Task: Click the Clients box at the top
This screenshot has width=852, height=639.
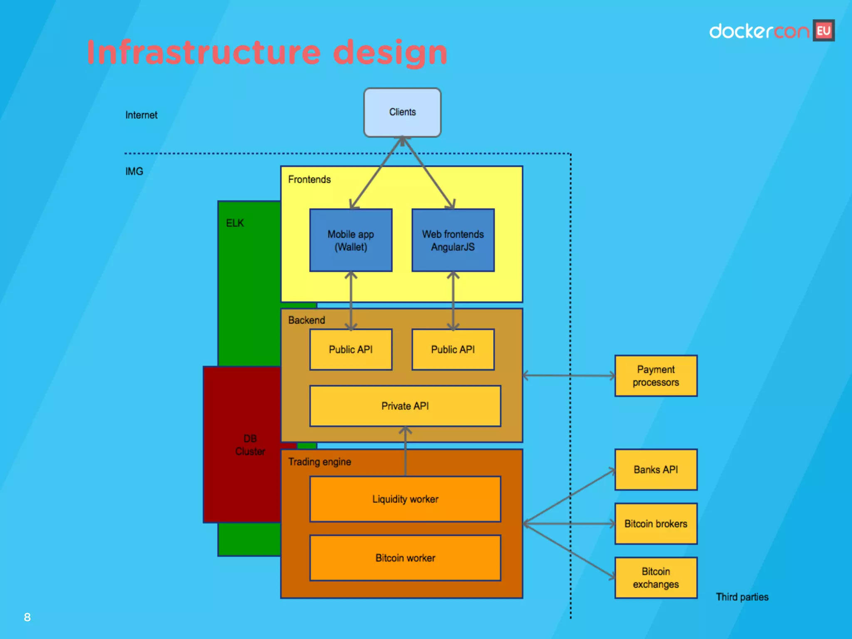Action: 402,112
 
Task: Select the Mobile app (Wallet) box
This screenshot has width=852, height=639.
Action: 351,240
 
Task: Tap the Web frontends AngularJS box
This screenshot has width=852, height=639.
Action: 453,240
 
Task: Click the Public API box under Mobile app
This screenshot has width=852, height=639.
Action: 351,349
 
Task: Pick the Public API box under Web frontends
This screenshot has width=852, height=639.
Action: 453,349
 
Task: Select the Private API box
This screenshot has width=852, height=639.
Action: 405,406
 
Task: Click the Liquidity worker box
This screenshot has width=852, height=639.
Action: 405,499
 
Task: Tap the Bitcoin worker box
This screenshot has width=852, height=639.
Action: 405,558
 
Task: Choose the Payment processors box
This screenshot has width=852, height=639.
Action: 656,376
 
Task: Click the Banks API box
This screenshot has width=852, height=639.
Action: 656,470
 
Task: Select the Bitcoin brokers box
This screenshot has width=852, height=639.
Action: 656,524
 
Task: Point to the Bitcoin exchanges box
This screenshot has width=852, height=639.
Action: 656,578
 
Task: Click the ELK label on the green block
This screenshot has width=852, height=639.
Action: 235,223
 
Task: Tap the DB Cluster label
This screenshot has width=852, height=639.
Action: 250,445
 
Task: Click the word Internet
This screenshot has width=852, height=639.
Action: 141,115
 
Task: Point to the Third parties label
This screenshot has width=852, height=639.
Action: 742,597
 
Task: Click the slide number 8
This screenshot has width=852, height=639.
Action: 27,617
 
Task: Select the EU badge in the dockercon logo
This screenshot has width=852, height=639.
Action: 824,31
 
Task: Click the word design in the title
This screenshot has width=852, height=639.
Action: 390,53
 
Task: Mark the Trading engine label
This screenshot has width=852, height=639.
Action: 319,462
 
